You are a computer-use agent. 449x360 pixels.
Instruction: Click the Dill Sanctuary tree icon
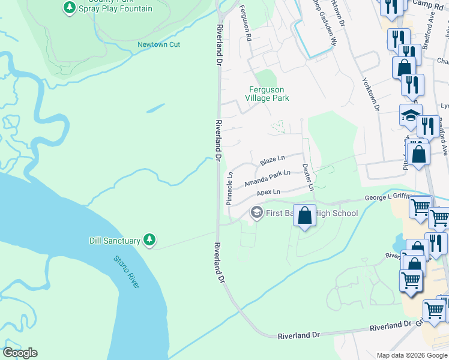[x=149, y=240]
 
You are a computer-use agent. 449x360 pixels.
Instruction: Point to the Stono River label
[x=127, y=272]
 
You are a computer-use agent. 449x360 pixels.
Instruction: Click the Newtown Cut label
[x=158, y=44]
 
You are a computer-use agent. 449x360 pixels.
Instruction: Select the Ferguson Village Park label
[x=269, y=94]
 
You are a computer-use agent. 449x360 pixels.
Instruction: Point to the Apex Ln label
[x=268, y=192]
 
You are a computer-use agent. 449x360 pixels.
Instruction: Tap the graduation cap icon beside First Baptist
[x=256, y=213]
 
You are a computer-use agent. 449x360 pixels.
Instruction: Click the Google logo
[x=20, y=353]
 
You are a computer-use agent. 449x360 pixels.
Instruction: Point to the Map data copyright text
[x=412, y=355]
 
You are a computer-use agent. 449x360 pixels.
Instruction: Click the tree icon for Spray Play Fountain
[x=70, y=8]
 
